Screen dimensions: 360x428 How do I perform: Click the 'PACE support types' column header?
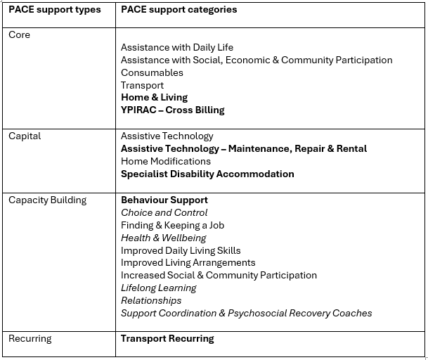(x=54, y=10)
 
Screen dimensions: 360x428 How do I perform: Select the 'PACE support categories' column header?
(x=179, y=10)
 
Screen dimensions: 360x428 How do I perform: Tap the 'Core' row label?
(x=19, y=35)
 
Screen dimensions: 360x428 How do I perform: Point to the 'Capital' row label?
(x=25, y=136)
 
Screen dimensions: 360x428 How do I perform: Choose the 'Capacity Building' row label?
(x=47, y=200)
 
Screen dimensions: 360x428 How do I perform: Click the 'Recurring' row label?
(x=30, y=339)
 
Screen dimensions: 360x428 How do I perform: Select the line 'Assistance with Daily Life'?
(x=176, y=48)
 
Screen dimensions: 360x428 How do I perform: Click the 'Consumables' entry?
(x=152, y=73)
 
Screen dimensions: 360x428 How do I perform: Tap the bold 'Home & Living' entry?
(x=154, y=98)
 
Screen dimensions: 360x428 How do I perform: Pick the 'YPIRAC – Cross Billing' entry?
(x=172, y=110)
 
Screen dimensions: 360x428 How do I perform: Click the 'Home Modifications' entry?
(x=165, y=162)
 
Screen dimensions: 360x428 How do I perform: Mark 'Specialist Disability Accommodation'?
(x=207, y=174)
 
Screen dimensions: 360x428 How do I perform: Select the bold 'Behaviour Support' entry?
(x=164, y=200)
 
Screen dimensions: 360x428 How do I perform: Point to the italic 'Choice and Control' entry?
(x=164, y=213)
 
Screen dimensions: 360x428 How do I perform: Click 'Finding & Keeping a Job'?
(x=172, y=226)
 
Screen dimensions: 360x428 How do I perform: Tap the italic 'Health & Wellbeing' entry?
(x=163, y=238)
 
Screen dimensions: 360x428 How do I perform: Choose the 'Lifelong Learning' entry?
(x=158, y=288)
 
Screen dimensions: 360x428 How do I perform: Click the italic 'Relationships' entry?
(x=150, y=301)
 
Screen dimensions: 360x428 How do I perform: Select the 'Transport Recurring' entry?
(x=167, y=339)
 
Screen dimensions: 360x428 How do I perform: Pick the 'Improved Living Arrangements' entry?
(x=188, y=263)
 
